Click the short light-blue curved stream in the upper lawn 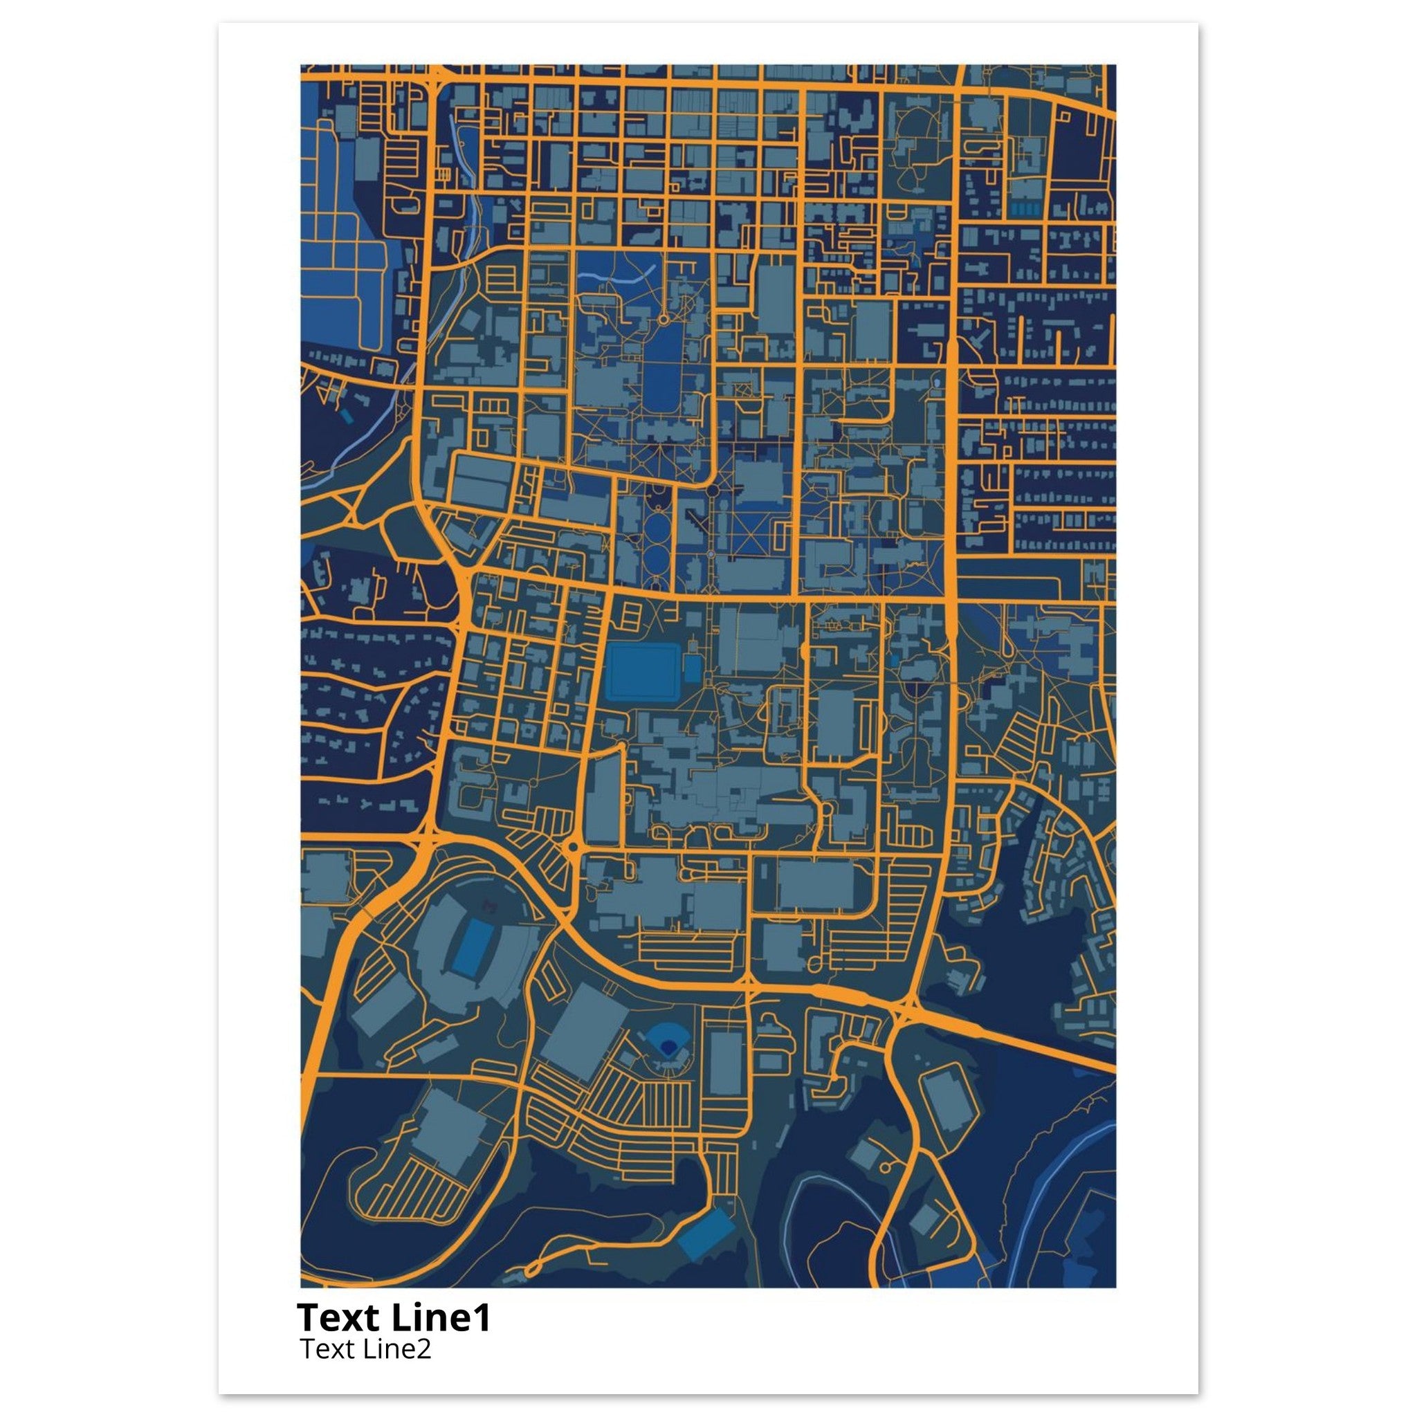point(609,278)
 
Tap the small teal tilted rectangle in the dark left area point(345,417)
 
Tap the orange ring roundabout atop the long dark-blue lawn point(664,320)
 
